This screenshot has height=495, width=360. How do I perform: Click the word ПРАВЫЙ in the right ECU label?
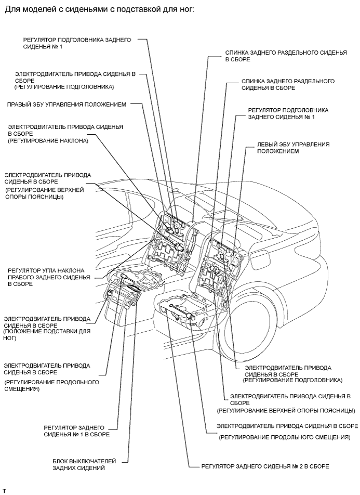click(x=20, y=104)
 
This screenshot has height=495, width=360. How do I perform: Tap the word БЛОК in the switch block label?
click(x=62, y=461)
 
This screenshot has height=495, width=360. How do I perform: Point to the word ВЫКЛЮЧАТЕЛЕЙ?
click(x=94, y=461)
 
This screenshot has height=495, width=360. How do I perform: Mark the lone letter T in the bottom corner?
click(x=4, y=490)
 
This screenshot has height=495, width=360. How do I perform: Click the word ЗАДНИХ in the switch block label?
click(x=64, y=468)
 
